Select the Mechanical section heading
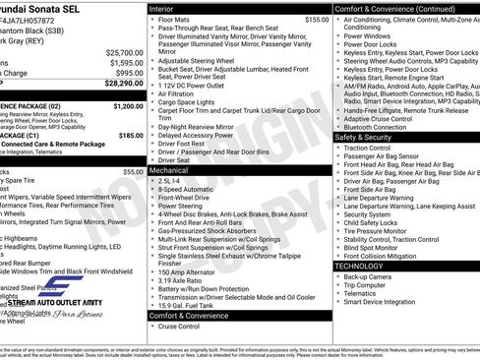point(169,170)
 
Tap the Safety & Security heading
point(370,137)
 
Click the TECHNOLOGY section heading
point(359,266)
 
